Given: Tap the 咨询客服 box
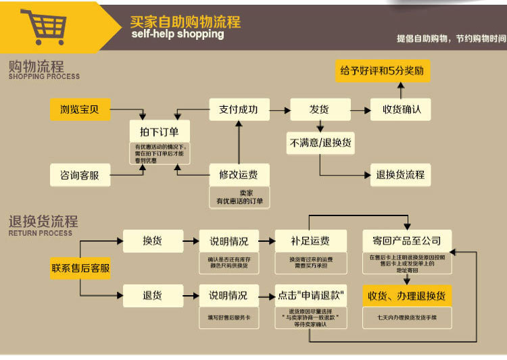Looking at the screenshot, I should tap(80, 175).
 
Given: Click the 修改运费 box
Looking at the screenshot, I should tap(238, 174).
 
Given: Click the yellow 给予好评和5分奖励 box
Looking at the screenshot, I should tap(383, 70).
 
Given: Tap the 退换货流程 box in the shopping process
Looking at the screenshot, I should tap(401, 174).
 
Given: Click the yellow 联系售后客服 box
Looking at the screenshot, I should tap(80, 268).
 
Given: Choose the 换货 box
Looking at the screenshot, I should tap(153, 240).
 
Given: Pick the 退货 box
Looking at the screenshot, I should tap(153, 295).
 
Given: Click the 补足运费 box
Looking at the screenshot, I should tap(310, 241).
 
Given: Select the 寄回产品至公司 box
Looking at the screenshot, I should tap(407, 241).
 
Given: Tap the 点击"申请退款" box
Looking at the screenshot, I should tap(310, 296).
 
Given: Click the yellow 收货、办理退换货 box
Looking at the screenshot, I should tap(407, 296).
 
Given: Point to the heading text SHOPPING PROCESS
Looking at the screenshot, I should tap(44, 77).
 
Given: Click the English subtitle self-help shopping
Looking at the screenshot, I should tap(177, 34).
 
